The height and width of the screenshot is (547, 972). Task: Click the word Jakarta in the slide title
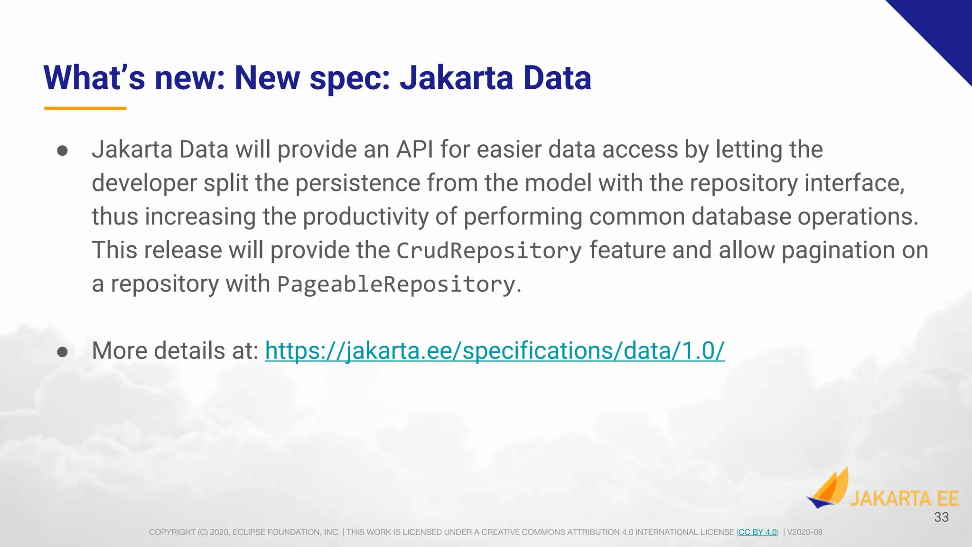(x=456, y=78)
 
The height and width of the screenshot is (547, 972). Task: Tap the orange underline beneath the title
(x=85, y=108)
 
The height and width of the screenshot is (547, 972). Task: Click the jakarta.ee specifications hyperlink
(x=495, y=351)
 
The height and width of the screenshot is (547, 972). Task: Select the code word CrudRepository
(x=489, y=251)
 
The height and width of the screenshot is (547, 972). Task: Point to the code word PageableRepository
(x=396, y=284)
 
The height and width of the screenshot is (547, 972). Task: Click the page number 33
(x=941, y=517)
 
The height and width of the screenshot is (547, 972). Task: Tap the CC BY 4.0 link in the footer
(x=757, y=532)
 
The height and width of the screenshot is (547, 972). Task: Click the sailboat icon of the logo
(x=829, y=489)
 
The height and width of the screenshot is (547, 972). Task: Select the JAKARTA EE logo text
(x=904, y=499)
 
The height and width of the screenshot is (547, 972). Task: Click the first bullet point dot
(x=62, y=151)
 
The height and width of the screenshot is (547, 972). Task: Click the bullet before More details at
(x=62, y=352)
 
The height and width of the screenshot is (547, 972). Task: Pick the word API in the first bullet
(x=414, y=150)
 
